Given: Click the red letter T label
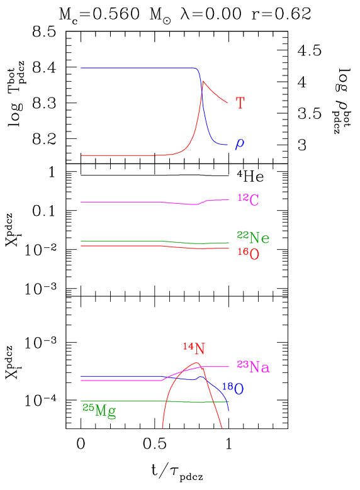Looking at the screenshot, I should tap(240, 103).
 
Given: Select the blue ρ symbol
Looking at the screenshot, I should tap(240, 144).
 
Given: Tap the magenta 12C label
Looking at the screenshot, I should tap(249, 200).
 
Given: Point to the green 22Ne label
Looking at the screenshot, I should tap(253, 237).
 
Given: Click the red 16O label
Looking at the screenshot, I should tap(249, 254).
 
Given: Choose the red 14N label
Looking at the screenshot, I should tap(194, 348).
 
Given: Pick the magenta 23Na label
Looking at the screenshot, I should tap(253, 367).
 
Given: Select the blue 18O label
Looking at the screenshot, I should tap(233, 389).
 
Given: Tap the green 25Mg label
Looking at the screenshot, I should tap(99, 411).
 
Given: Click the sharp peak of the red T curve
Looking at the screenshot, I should tap(203, 81).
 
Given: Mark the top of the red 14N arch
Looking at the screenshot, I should tap(196, 363).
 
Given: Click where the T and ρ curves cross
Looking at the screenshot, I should tap(201, 88).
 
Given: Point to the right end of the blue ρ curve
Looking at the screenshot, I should tap(228, 145).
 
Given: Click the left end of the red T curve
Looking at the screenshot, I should tap(81, 155).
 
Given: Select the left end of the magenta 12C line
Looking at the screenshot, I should tap(81, 202).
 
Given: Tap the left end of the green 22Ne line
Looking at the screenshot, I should tap(81, 241).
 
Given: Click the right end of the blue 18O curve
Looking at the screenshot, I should tap(228, 411).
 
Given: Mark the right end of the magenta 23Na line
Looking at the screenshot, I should tap(228, 366).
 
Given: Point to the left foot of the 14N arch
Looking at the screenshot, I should tap(162, 428).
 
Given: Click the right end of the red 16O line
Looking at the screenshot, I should tap(228, 248).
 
